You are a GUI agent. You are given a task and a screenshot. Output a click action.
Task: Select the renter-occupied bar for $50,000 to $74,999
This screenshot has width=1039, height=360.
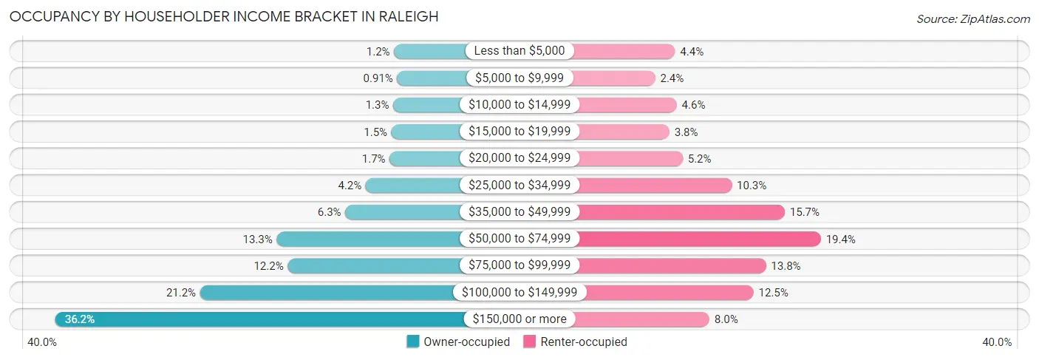(699, 239)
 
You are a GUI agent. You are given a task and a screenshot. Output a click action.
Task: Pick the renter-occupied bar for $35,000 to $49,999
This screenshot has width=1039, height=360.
(681, 212)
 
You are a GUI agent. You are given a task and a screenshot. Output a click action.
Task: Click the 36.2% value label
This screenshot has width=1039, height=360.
(80, 319)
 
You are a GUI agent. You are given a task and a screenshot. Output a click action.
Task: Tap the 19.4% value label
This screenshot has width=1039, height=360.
(841, 239)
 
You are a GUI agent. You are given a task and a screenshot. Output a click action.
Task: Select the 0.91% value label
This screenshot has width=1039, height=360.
(377, 78)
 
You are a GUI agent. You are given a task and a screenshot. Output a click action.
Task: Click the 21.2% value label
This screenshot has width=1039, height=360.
(181, 293)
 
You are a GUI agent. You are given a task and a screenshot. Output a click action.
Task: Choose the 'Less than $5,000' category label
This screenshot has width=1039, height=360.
(519, 51)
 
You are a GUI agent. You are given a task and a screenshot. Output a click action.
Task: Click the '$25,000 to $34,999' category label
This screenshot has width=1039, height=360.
(519, 185)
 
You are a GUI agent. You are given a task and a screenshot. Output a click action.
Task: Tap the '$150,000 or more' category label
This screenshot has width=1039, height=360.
(519, 319)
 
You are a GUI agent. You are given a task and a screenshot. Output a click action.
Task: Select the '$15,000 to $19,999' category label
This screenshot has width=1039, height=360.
(519, 132)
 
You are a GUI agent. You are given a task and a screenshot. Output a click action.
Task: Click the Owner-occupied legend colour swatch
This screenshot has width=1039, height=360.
(413, 342)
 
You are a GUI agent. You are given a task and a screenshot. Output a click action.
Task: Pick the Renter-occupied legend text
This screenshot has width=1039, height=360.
(584, 342)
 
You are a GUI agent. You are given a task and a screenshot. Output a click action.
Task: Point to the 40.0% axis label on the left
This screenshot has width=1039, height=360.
(42, 342)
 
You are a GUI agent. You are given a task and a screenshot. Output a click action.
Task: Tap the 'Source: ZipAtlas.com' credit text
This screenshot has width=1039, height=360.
(972, 18)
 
